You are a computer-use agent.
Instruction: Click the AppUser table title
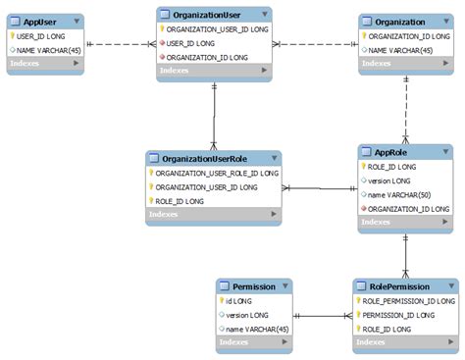tap(39, 21)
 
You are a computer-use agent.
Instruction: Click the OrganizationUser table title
tap(206, 16)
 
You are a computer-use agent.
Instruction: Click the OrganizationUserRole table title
tap(205, 158)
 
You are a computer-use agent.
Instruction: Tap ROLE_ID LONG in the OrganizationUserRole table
tap(181, 200)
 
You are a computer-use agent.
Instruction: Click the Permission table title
tap(247, 286)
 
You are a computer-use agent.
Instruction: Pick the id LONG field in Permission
tap(239, 301)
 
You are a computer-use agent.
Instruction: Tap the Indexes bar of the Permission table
tap(254, 342)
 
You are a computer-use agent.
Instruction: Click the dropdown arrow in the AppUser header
tap(77, 21)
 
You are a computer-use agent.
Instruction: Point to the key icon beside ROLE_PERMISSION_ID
tap(358, 301)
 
